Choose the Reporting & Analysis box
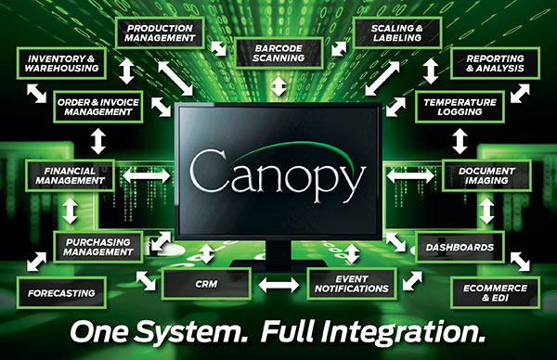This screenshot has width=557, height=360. [497, 62]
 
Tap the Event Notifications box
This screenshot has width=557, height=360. [347, 283]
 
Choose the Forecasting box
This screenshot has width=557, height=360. [62, 293]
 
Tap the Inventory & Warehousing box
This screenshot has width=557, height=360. [62, 62]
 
